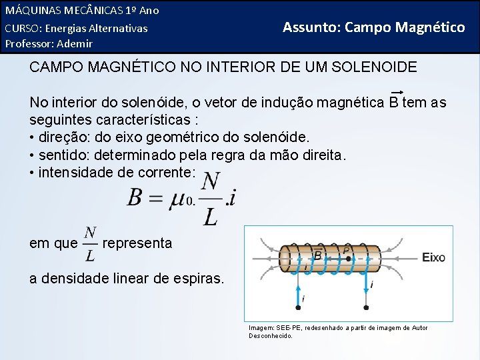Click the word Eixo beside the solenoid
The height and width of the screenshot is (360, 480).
click(x=433, y=257)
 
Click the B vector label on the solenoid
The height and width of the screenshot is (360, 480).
click(x=318, y=254)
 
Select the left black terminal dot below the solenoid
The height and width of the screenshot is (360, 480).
click(x=298, y=308)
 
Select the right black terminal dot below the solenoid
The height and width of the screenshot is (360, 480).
click(x=367, y=308)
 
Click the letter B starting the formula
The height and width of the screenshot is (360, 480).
click(x=135, y=197)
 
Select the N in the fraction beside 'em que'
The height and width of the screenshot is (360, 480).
click(x=91, y=233)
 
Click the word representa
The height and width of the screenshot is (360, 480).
click(x=137, y=243)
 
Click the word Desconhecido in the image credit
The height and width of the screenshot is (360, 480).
click(x=271, y=335)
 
